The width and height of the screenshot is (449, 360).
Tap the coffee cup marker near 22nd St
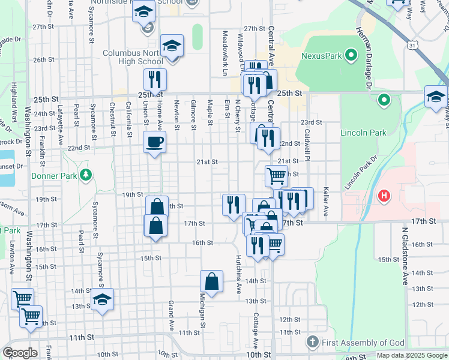pyautogui.click(x=155, y=143)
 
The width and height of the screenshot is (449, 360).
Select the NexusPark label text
pyautogui.click(x=321, y=56)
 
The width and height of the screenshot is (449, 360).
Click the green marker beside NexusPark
pyautogui.click(x=351, y=56)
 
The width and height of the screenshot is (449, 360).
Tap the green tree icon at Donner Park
pyautogui.click(x=87, y=175)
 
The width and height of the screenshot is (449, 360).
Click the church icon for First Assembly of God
pyautogui.click(x=312, y=342)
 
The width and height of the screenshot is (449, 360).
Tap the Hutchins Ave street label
pyautogui.click(x=239, y=273)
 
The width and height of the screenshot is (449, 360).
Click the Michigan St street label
pyautogui.click(x=203, y=315)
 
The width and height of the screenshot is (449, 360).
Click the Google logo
pyautogui.click(x=20, y=353)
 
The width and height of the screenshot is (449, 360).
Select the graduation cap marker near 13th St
pyautogui.click(x=103, y=299)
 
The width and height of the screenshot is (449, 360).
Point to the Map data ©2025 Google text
pyautogui.click(x=412, y=355)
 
